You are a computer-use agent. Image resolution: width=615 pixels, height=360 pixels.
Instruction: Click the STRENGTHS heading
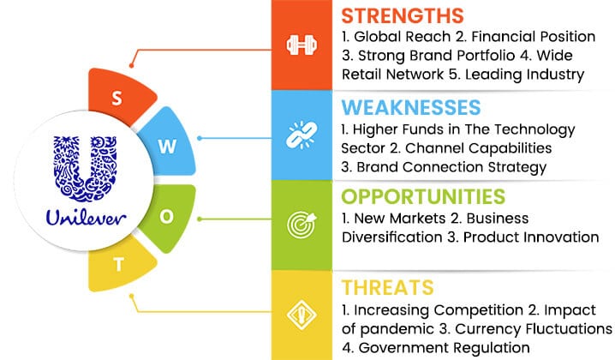(x=403, y=16)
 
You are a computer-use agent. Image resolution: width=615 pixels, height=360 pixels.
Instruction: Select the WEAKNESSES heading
(x=411, y=107)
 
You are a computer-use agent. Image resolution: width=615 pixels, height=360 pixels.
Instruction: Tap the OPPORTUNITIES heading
(x=423, y=196)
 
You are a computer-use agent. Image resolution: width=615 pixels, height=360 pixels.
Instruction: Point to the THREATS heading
(x=387, y=287)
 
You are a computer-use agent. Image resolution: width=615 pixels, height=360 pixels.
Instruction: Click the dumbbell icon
(x=302, y=45)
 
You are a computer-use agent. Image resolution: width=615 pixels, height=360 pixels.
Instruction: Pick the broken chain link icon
(x=302, y=135)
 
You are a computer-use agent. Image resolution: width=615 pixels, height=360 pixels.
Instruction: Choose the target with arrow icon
(x=302, y=225)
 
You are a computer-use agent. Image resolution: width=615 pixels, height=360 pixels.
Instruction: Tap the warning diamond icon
(x=302, y=315)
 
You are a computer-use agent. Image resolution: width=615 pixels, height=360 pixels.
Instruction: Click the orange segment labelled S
(x=120, y=96)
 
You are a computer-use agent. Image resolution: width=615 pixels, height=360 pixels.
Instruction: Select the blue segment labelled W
(x=168, y=144)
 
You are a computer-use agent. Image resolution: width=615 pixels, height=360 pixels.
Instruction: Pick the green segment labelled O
(x=169, y=217)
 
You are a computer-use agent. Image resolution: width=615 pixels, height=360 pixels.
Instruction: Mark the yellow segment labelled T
(x=120, y=265)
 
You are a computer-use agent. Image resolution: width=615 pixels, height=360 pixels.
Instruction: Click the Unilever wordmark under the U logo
(x=86, y=217)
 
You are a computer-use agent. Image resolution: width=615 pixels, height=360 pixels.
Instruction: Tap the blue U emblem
(x=85, y=168)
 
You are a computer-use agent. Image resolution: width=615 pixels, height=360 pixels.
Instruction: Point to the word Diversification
(x=391, y=237)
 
